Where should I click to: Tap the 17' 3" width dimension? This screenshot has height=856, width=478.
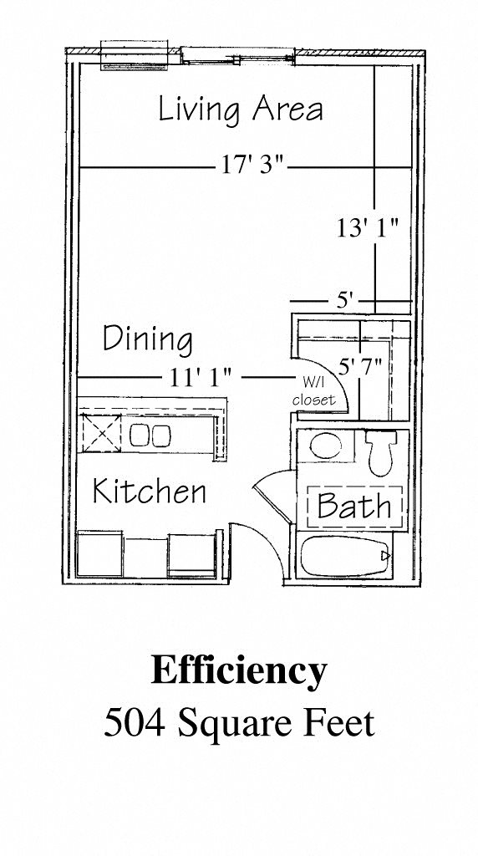pyautogui.click(x=253, y=165)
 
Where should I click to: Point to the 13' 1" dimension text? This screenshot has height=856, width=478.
pyautogui.click(x=367, y=227)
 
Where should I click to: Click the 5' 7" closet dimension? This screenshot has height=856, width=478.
pyautogui.click(x=359, y=366)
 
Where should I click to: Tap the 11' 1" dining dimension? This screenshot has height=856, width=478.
pyautogui.click(x=201, y=377)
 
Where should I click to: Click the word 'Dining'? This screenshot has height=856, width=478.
pyautogui.click(x=147, y=339)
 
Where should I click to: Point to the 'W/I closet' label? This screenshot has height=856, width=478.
pyautogui.click(x=313, y=391)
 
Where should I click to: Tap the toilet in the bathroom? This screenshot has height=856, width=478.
pyautogui.click(x=379, y=452)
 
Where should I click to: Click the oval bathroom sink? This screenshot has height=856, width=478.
pyautogui.click(x=326, y=446)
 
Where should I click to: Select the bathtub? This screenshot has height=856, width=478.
pyautogui.click(x=345, y=556)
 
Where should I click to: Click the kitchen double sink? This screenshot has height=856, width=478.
pyautogui.click(x=150, y=435)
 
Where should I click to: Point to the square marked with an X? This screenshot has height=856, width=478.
pyautogui.click(x=101, y=433)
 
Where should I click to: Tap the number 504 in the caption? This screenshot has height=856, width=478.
pyautogui.click(x=135, y=723)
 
